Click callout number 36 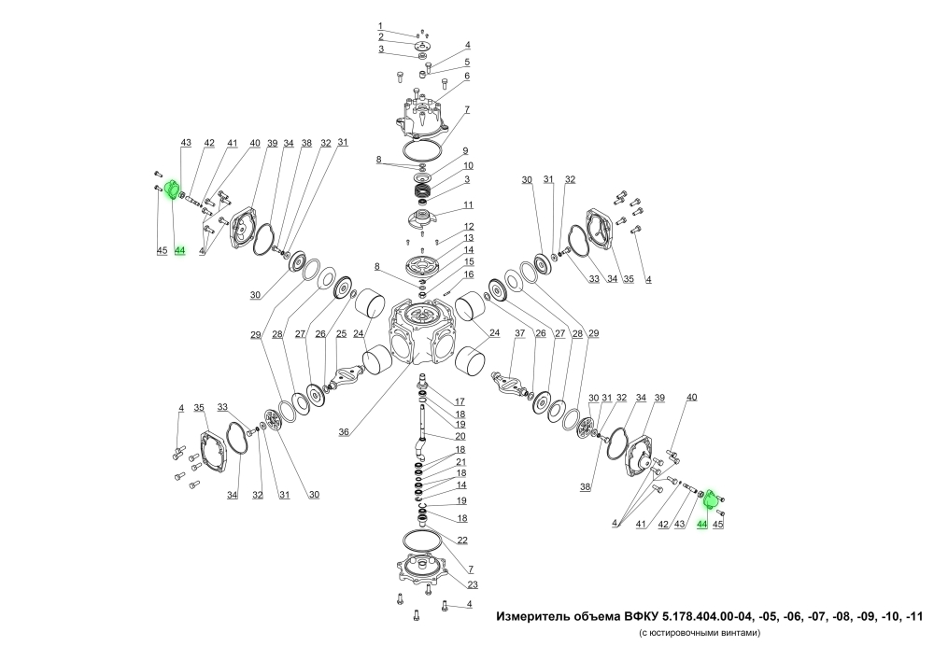pyautogui.click(x=344, y=432)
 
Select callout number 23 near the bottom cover pyautogui.click(x=473, y=584)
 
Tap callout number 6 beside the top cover pyautogui.click(x=467, y=77)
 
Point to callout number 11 pyautogui.click(x=468, y=204)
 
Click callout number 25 pyautogui.click(x=341, y=334)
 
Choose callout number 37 pyautogui.click(x=520, y=333)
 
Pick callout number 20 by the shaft pyautogui.click(x=460, y=436)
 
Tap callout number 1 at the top pyautogui.click(x=380, y=25)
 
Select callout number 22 pyautogui.click(x=462, y=541)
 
